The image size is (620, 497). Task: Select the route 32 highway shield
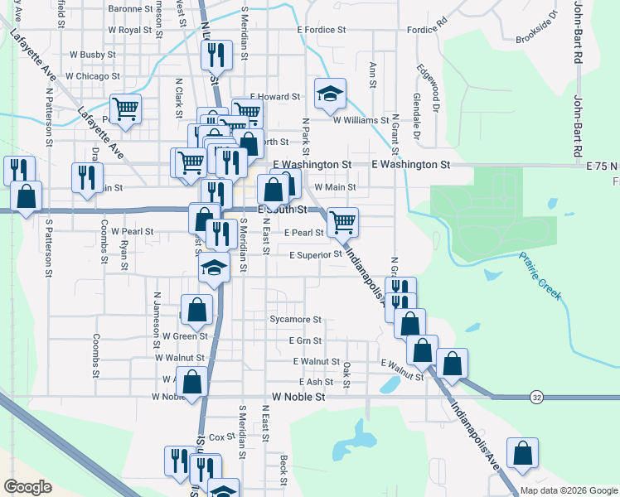(x=537, y=398)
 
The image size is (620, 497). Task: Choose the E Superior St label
(x=315, y=255)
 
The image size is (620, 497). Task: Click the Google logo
(x=28, y=487)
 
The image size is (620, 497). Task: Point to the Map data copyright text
(x=568, y=490)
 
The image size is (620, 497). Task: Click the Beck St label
(x=283, y=469)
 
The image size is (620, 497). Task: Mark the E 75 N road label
(x=602, y=166)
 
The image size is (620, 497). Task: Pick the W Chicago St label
(x=93, y=75)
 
